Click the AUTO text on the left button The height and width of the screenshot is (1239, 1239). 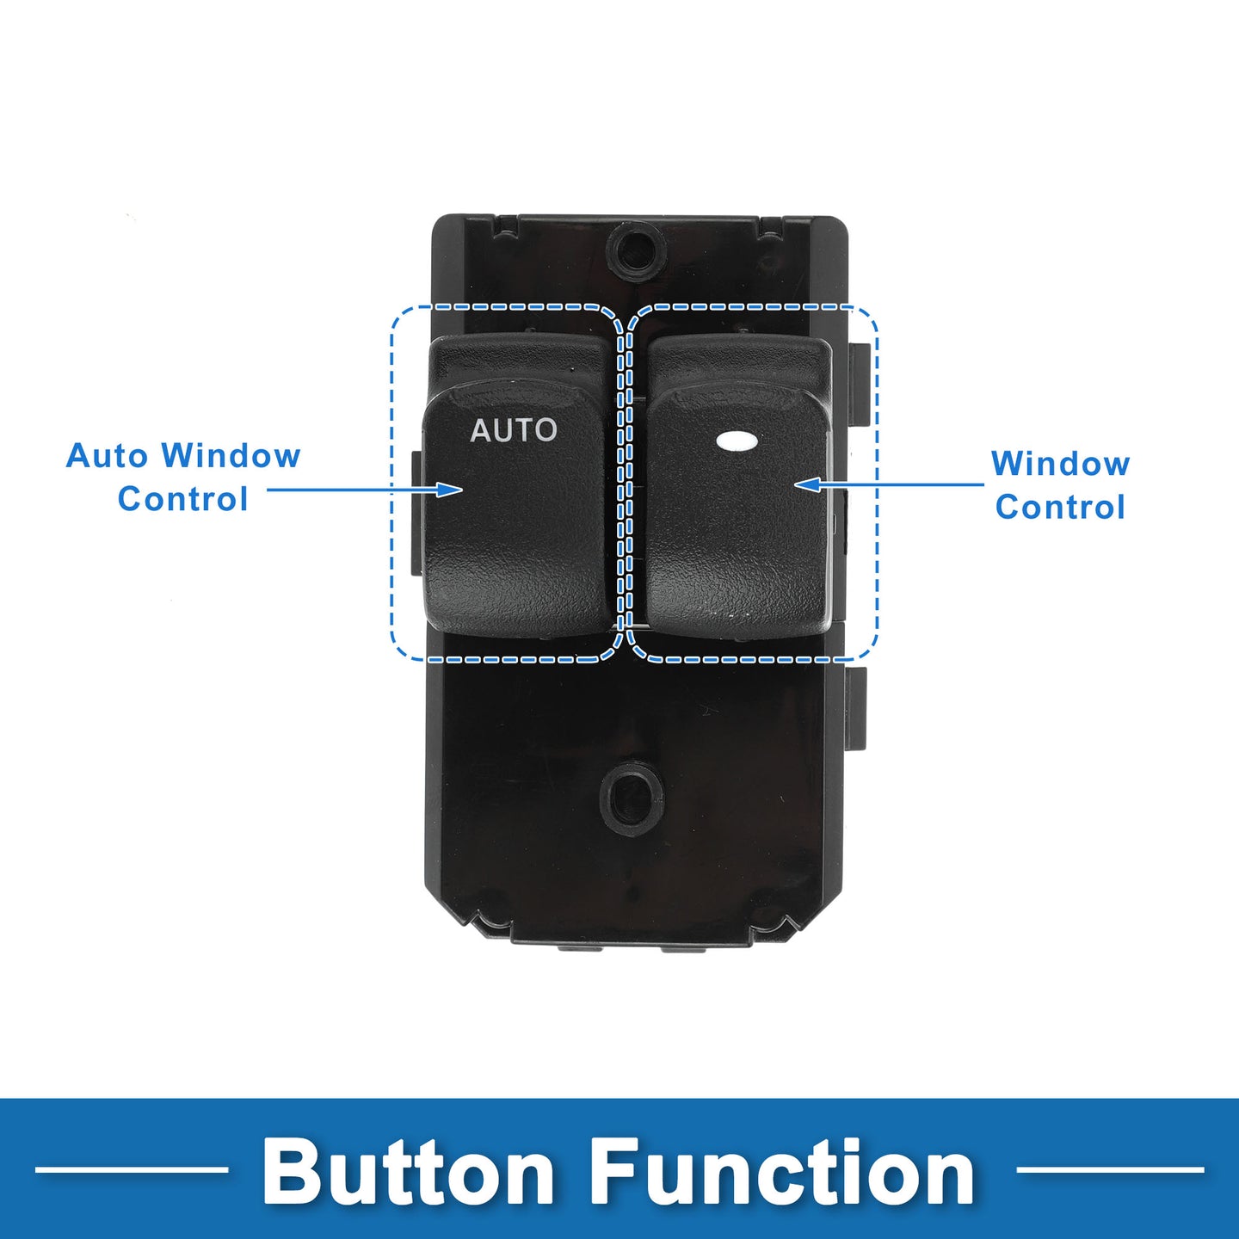tap(514, 430)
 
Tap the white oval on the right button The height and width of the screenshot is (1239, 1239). tap(737, 441)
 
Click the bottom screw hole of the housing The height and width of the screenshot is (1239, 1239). tap(632, 798)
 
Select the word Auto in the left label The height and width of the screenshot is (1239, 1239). tap(109, 456)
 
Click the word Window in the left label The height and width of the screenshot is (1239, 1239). tap(231, 456)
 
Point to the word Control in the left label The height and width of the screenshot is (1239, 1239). tap(182, 499)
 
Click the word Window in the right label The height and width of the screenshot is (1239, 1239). tap(1060, 464)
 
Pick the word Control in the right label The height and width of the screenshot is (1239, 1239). tap(1060, 508)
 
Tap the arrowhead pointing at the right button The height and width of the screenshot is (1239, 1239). tap(805, 484)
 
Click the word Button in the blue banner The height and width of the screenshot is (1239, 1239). tap(409, 1172)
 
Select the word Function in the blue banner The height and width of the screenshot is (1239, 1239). tap(782, 1172)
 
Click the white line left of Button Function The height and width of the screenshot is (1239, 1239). tap(132, 1169)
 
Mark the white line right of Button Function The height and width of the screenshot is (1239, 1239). tap(1110, 1169)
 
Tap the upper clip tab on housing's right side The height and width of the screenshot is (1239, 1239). tap(858, 383)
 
